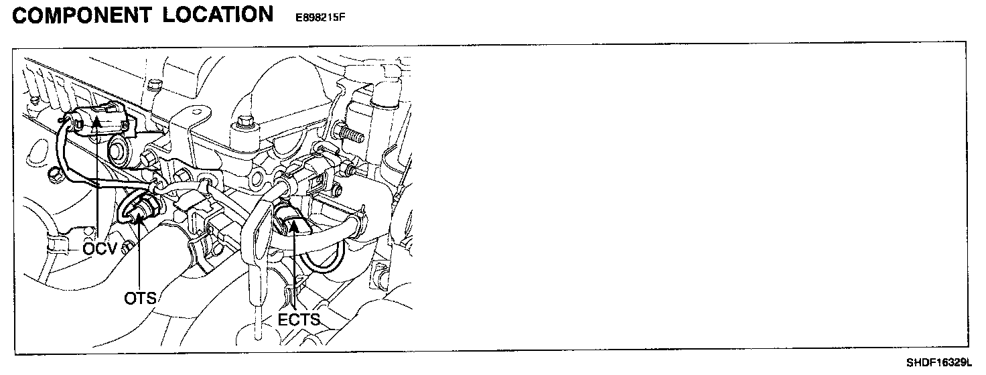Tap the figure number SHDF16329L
pos(938,364)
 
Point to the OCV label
pos(100,249)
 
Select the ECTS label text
pos(299,320)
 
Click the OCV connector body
pos(100,119)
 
